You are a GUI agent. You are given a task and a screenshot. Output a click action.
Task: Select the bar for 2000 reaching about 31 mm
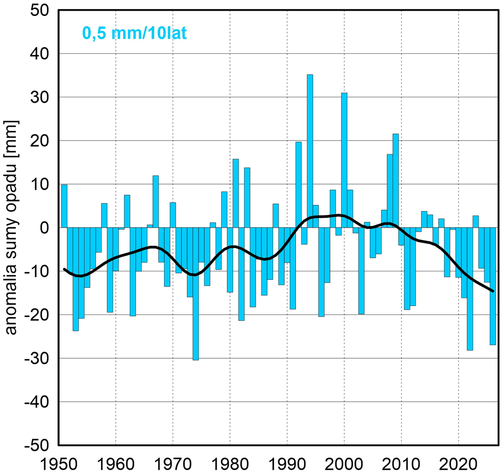tap(344, 160)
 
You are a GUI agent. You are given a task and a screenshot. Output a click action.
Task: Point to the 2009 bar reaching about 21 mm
tap(395, 181)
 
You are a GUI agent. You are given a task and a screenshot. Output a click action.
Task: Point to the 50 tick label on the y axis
tap(39, 11)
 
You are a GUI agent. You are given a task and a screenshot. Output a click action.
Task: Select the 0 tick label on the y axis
tap(45, 228)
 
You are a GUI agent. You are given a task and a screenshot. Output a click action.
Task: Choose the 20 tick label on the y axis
tap(39, 141)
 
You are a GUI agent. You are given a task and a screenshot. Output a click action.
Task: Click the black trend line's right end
tap(493, 290)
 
